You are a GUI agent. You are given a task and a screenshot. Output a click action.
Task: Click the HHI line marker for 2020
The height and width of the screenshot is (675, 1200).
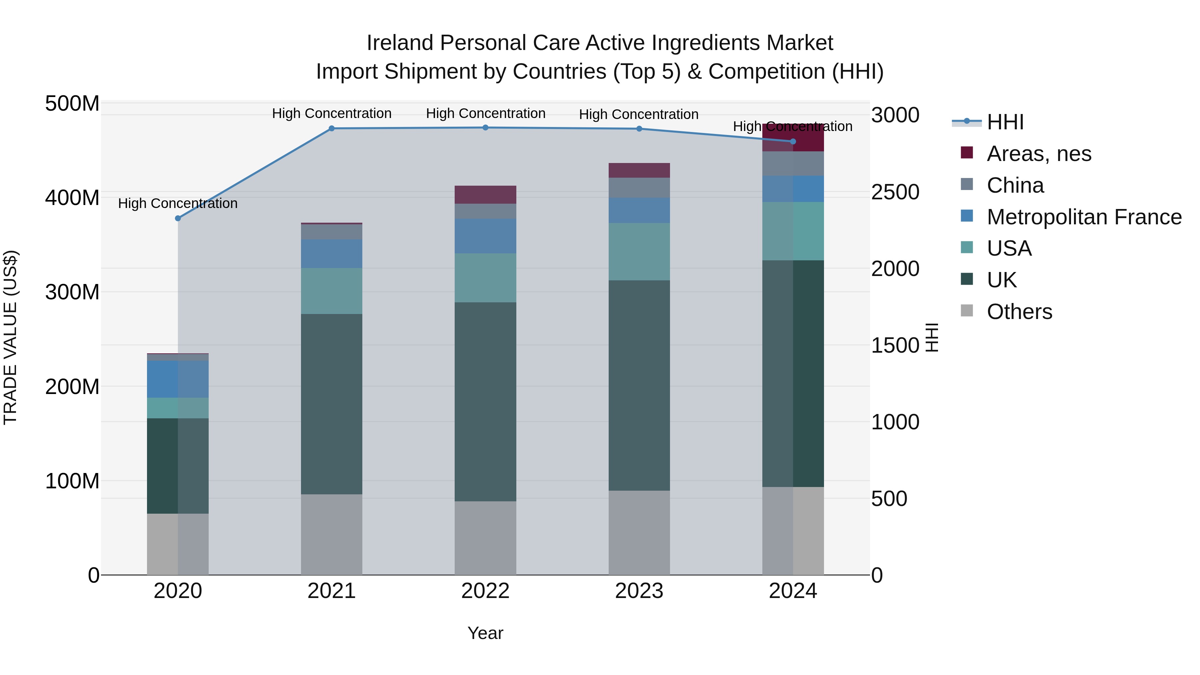click(178, 218)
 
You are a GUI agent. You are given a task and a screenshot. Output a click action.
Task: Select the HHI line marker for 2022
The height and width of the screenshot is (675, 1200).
click(485, 128)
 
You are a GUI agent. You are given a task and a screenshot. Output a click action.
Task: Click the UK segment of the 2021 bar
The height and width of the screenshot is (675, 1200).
click(331, 404)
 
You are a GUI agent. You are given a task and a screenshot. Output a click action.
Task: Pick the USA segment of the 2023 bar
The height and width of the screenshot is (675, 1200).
click(639, 252)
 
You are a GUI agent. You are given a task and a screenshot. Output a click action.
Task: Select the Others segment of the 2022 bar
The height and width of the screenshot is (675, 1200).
click(485, 538)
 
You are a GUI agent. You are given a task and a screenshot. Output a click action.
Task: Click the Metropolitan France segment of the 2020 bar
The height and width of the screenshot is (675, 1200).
click(178, 379)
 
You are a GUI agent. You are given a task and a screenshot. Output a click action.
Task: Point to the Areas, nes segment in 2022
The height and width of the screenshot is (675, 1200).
click(485, 195)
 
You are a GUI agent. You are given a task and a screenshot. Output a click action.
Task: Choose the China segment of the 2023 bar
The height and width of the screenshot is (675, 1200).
click(639, 187)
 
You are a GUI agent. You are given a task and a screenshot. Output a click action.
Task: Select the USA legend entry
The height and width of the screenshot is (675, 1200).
click(1009, 248)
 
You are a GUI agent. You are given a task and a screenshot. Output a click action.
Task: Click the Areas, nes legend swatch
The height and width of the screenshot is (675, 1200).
click(967, 153)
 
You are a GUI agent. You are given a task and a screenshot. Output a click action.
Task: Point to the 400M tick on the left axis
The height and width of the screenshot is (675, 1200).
click(72, 198)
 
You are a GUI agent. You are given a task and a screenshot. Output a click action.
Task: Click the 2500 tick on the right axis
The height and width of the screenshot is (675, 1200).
click(895, 192)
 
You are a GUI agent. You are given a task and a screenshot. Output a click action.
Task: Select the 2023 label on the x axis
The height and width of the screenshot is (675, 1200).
click(639, 591)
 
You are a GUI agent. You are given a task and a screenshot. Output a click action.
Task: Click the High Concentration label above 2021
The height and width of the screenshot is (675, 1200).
click(331, 113)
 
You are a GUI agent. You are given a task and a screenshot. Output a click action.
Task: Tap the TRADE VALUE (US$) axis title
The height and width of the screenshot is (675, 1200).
click(10, 337)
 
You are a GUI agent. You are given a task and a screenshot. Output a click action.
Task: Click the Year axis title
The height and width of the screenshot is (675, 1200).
click(485, 633)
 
